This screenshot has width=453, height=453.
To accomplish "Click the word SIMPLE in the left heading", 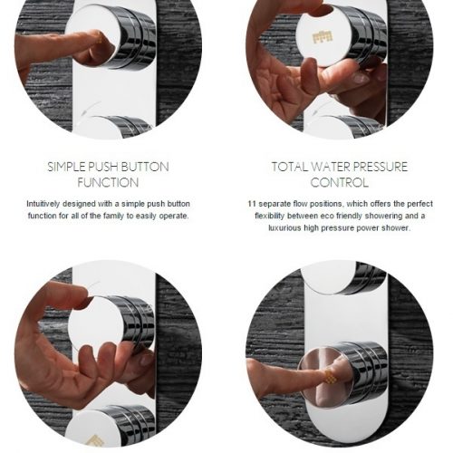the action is point(66,167).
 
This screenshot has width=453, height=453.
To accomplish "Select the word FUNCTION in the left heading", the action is point(108,183).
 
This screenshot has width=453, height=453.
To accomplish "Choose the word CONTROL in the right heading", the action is point(340,183).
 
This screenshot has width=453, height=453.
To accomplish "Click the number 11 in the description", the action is point(252,204).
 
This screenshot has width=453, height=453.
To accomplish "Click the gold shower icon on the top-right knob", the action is point(323,37).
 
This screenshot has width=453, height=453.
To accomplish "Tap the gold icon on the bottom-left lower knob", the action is point(94,440).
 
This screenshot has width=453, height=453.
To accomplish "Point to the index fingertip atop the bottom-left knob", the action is point(81,292).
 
